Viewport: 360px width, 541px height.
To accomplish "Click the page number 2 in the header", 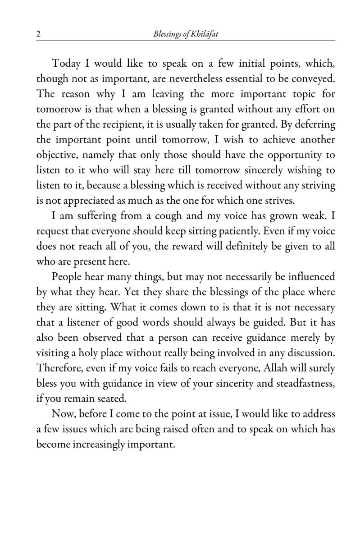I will pos(38,33).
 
